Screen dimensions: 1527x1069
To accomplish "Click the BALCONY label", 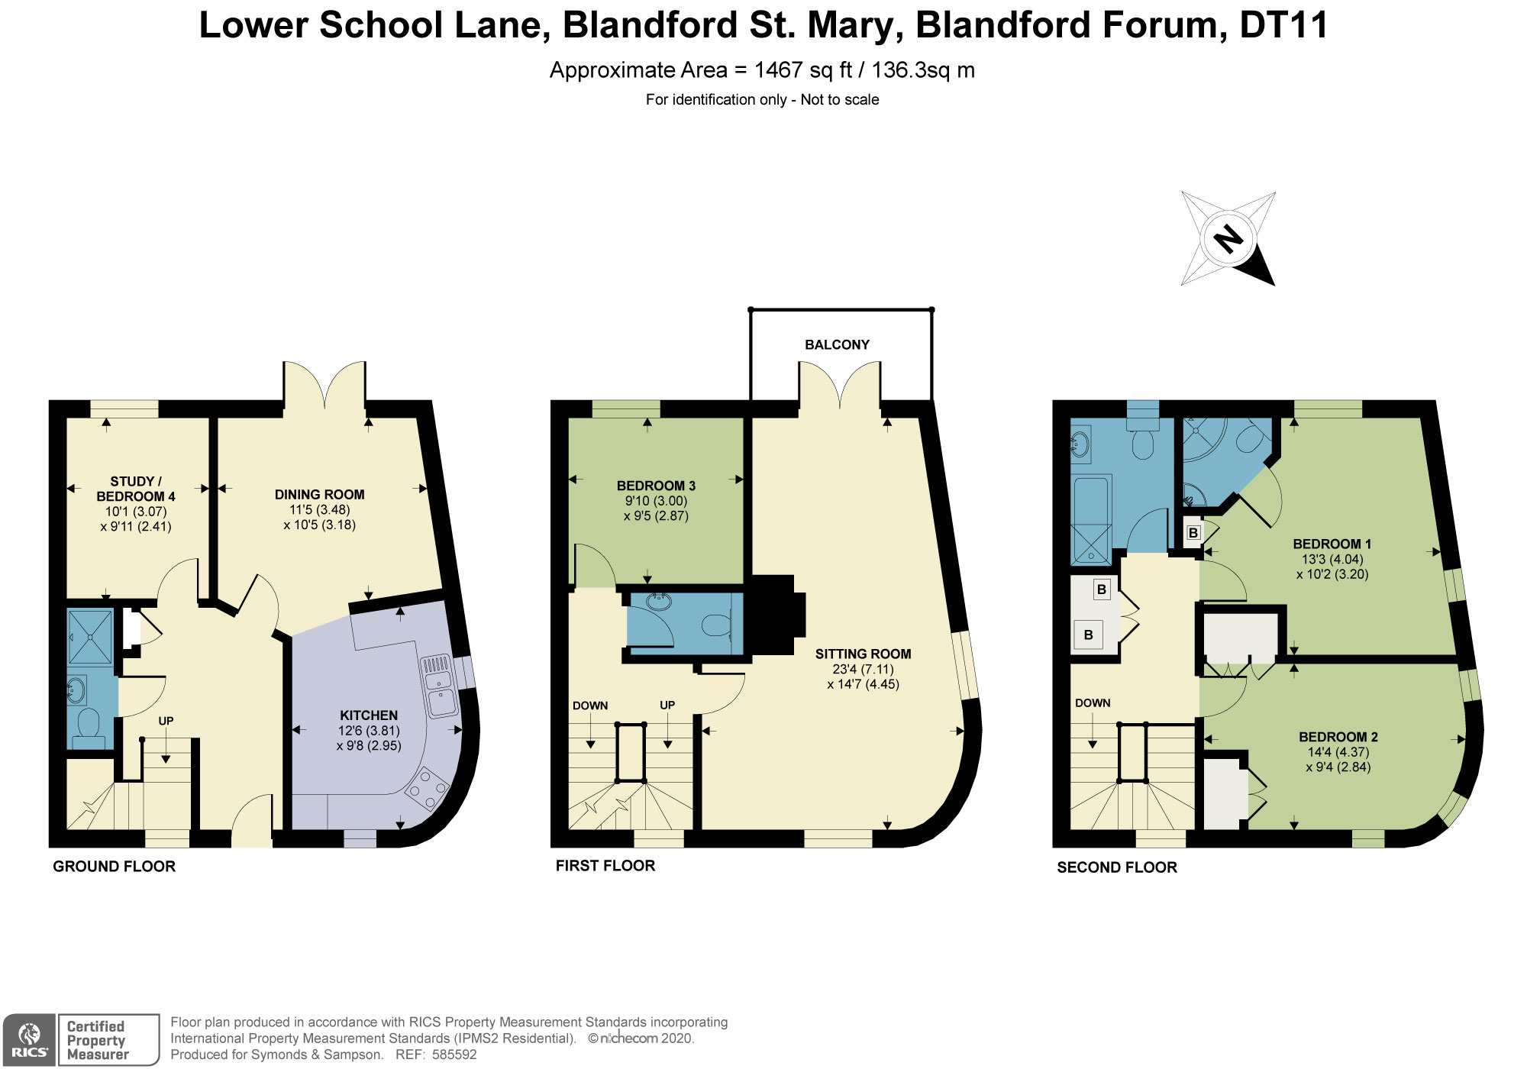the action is [837, 345].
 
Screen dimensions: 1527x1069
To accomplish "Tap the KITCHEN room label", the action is [369, 715].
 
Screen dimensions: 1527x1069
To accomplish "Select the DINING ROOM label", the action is [319, 495].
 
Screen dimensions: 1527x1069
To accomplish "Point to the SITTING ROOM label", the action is [863, 654].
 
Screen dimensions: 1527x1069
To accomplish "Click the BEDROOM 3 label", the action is [656, 486].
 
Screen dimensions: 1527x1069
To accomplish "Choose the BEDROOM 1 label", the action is [1332, 544].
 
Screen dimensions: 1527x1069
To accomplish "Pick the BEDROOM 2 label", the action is [1338, 737].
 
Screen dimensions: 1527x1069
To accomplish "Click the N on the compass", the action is [1228, 239].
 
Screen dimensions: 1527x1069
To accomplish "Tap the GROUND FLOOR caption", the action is [114, 867].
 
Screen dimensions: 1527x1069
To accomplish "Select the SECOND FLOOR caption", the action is [1116, 867].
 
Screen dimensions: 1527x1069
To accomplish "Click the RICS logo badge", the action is [29, 1040].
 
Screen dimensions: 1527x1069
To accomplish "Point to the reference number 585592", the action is [454, 1054].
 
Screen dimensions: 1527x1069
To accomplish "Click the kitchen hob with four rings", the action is [426, 788].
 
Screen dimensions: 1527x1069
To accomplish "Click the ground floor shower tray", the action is [90, 637].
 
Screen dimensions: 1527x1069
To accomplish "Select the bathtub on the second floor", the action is [1091, 519].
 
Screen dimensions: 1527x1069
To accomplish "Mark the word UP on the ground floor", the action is [166, 721].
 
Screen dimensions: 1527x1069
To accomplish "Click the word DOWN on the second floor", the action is [1092, 703].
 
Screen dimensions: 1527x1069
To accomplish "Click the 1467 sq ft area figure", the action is [802, 70].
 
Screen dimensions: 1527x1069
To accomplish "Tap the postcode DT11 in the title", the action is [1283, 25].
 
